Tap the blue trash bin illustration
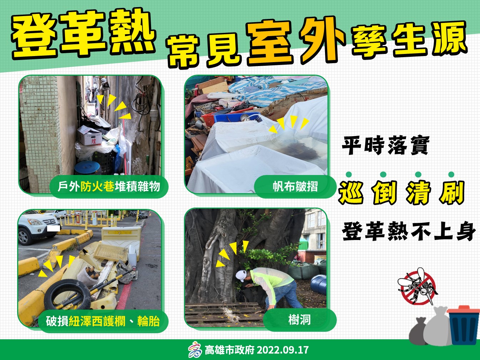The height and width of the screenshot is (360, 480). click(463, 325)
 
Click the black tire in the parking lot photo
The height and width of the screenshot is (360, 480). click(67, 295)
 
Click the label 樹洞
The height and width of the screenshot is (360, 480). click(300, 320)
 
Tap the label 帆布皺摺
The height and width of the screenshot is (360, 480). click(295, 186)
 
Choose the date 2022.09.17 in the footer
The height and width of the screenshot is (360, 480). click(282, 350)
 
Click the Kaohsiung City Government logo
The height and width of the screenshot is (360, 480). click(195, 350)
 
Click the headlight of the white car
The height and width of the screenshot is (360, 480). click(35, 222)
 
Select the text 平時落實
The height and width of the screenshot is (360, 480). click(386, 145)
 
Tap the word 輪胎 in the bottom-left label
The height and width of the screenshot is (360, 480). click(149, 321)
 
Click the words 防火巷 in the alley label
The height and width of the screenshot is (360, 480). click(97, 186)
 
